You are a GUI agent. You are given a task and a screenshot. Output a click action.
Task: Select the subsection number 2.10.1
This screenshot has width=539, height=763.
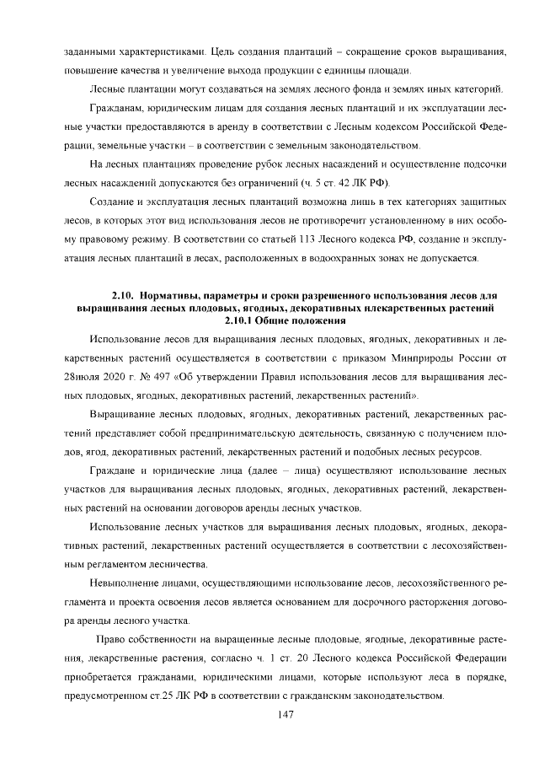(x=241, y=320)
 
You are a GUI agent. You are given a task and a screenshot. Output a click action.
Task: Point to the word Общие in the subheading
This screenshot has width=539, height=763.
(x=282, y=320)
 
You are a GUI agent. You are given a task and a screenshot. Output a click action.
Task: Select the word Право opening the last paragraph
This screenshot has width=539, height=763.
(x=114, y=638)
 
